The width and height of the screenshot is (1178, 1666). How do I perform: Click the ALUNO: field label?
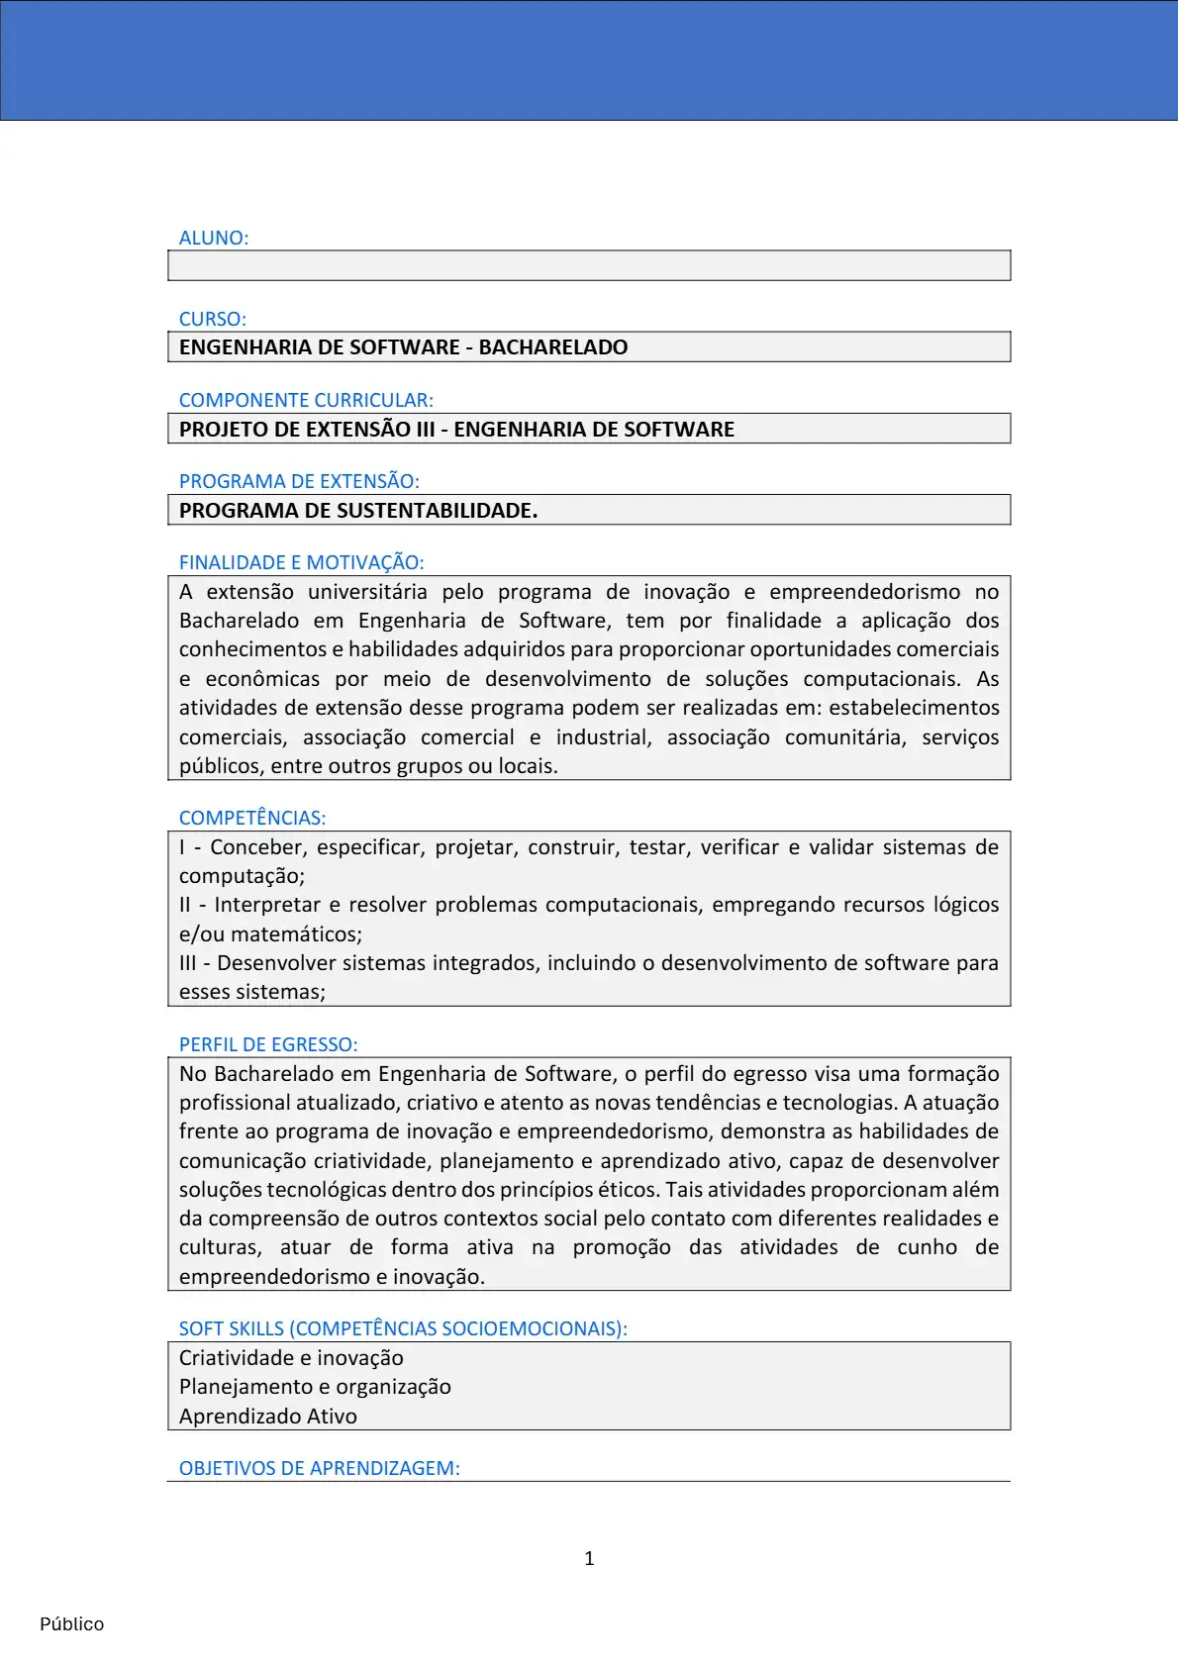click(x=213, y=238)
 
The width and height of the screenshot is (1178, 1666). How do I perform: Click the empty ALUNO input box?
click(x=589, y=265)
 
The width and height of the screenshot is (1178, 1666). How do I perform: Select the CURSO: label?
click(x=212, y=319)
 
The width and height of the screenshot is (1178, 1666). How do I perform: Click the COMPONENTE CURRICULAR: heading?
click(x=306, y=400)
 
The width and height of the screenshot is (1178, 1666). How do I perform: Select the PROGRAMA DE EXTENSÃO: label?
click(x=299, y=481)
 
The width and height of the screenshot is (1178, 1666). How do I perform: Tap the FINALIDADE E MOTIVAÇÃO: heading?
click(x=301, y=562)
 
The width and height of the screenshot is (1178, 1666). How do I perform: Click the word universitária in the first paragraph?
click(x=367, y=592)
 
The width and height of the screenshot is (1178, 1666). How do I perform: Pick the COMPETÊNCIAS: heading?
click(x=251, y=818)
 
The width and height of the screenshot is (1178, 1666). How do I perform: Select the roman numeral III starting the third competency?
click(x=188, y=963)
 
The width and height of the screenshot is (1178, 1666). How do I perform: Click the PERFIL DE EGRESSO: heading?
click(x=268, y=1044)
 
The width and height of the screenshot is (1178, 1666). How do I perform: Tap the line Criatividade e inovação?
click(x=291, y=1358)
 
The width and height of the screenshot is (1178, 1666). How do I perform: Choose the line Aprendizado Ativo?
click(x=267, y=1417)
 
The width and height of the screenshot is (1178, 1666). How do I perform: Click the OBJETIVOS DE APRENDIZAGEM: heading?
click(x=319, y=1468)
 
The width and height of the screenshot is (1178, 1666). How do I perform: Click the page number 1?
click(x=589, y=1558)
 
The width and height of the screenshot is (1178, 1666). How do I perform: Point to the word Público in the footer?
click(x=71, y=1624)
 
